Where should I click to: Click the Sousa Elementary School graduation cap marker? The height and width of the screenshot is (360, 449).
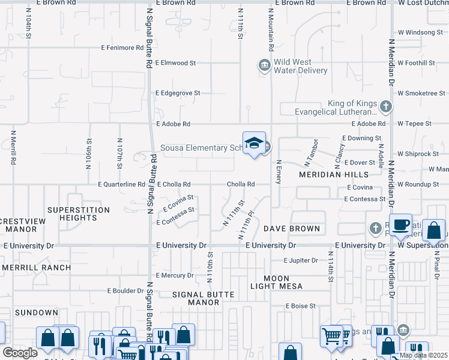coord(254,143)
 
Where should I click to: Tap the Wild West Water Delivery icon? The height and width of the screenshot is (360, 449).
coord(264,65)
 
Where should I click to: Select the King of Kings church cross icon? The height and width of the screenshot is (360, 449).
coord(385,107)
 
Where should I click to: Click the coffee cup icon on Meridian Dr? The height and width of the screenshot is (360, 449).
coord(400,225)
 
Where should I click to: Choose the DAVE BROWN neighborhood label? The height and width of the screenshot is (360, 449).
coord(292,229)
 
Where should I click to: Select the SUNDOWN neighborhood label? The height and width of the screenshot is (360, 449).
coord(37,313)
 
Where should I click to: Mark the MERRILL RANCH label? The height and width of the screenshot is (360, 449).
coord(36,267)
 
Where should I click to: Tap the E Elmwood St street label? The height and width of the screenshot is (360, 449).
coord(175,62)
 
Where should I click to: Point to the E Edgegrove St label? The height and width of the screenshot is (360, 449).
coord(178,93)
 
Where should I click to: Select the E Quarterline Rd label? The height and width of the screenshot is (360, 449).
coord(122,185)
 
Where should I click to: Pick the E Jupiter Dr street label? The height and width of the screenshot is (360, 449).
coord(301,261)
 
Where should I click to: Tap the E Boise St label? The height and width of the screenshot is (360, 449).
coord(300,306)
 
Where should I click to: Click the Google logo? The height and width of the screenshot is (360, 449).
coord(20,353)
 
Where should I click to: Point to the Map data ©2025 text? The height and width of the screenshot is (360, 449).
coord(423,355)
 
